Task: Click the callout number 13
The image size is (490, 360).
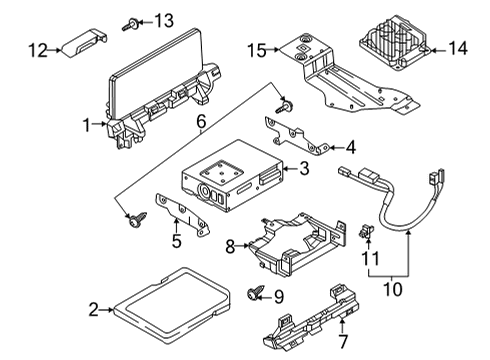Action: (x=164, y=21)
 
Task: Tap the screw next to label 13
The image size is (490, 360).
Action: (x=130, y=24)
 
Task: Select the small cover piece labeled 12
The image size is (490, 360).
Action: (x=84, y=43)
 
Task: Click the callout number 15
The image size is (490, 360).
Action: (x=257, y=51)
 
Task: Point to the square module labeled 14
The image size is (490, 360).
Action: (x=394, y=43)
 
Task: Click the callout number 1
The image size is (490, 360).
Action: (x=86, y=125)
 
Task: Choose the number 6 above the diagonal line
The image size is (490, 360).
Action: (x=201, y=122)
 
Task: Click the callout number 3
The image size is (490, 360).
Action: (x=304, y=169)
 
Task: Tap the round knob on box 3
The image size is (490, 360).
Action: (x=204, y=191)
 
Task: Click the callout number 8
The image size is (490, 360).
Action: (x=230, y=247)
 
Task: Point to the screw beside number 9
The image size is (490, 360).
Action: (x=255, y=292)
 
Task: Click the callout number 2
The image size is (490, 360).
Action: (x=94, y=310)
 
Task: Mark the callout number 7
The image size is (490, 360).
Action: (x=343, y=341)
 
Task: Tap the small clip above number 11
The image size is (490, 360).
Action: (x=366, y=231)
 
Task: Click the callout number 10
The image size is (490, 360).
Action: (x=393, y=289)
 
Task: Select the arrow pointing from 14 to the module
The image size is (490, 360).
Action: (x=438, y=51)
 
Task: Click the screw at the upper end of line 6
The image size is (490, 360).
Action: (x=285, y=107)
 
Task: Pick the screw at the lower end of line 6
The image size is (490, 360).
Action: (x=137, y=219)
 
